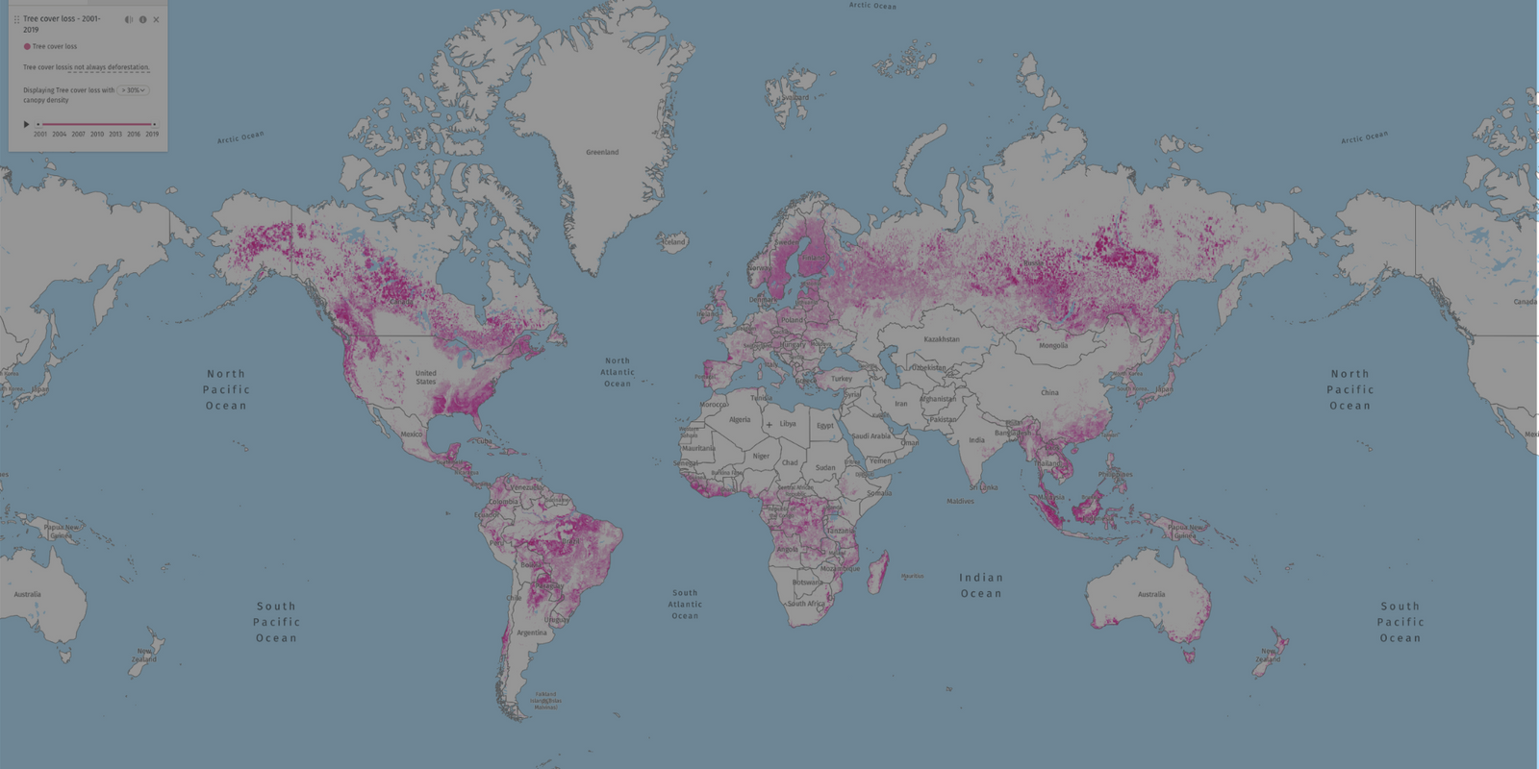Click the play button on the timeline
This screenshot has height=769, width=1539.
pyautogui.click(x=26, y=124)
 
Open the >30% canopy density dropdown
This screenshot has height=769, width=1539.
pyautogui.click(x=134, y=90)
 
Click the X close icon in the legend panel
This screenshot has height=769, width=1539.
pyautogui.click(x=156, y=19)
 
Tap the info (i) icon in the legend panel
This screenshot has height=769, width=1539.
pyautogui.click(x=142, y=19)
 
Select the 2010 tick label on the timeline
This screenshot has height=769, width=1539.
pyautogui.click(x=96, y=135)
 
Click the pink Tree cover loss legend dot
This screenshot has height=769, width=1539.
pyautogui.click(x=27, y=46)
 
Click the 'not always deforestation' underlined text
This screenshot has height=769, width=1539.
pyautogui.click(x=113, y=67)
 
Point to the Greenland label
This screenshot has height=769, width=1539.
pyautogui.click(x=602, y=152)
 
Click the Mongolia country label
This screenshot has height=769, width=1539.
pyautogui.click(x=1052, y=346)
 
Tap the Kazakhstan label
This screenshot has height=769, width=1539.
pyautogui.click(x=941, y=339)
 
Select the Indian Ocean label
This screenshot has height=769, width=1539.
pyautogui.click(x=980, y=585)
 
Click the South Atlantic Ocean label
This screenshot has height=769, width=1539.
pyautogui.click(x=685, y=605)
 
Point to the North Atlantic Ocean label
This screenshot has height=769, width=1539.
pyautogui.click(x=618, y=372)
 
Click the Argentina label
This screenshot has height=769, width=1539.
pyautogui.click(x=532, y=633)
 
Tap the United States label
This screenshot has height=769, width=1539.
pyautogui.click(x=425, y=377)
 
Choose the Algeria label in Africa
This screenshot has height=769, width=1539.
pyautogui.click(x=739, y=420)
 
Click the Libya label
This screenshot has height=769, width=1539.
pyautogui.click(x=787, y=424)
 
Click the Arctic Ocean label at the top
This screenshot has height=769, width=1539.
pyautogui.click(x=871, y=6)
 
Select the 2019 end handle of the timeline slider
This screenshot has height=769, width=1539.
pyautogui.click(x=154, y=124)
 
